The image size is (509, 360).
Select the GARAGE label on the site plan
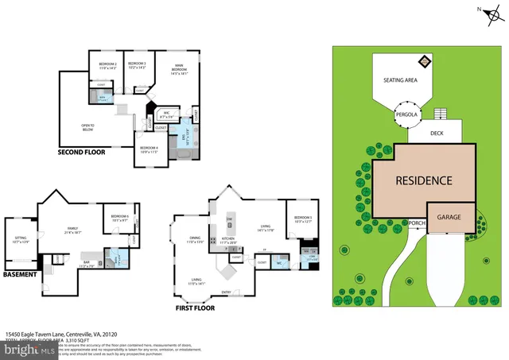450,213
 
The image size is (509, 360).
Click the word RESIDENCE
424,180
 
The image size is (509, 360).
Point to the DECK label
437,134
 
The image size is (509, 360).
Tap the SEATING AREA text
401,79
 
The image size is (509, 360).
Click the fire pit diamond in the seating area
425,60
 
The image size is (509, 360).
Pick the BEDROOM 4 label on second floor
149,149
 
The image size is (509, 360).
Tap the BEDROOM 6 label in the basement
120,217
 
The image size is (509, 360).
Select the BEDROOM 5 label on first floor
302,219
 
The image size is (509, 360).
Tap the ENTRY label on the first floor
227,292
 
